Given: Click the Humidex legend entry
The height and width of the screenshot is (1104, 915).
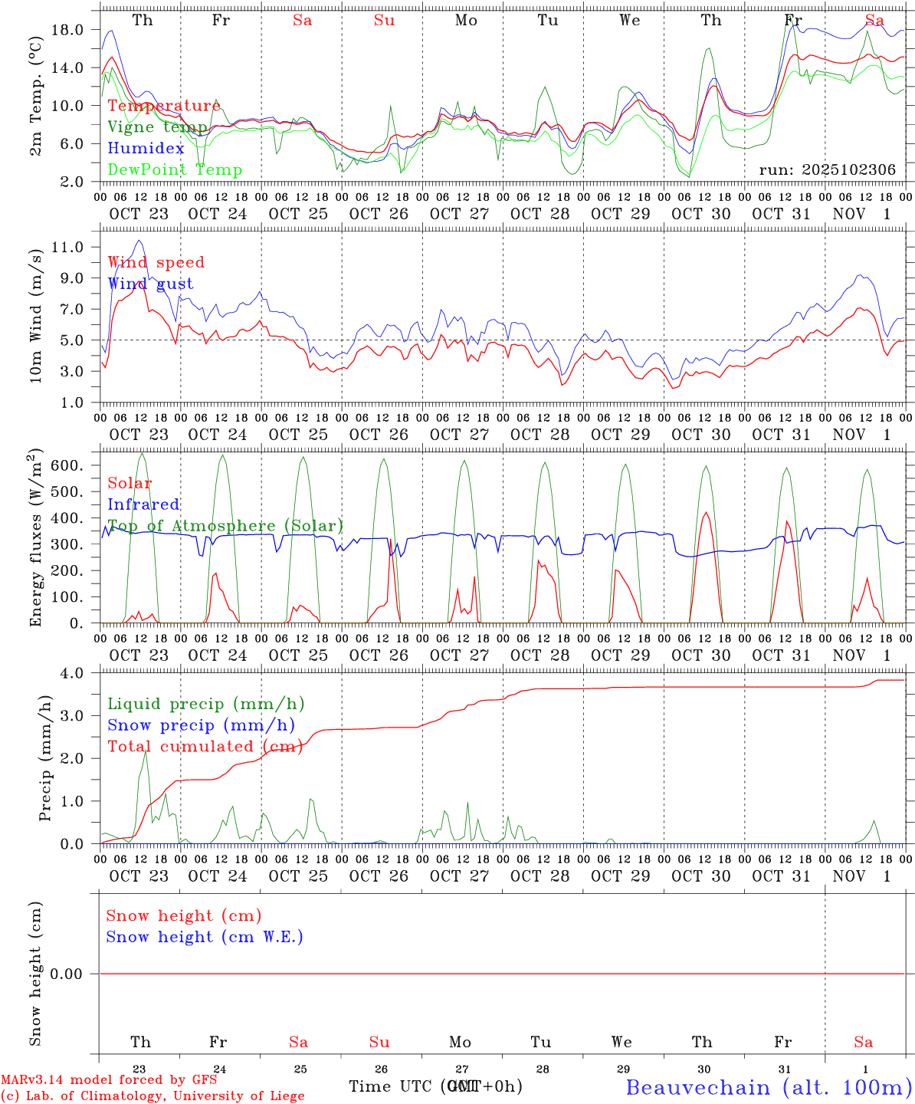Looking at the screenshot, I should (146, 149).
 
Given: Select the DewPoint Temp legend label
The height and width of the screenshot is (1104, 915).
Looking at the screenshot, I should (175, 170).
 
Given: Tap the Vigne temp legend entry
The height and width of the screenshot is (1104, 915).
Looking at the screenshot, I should (157, 127).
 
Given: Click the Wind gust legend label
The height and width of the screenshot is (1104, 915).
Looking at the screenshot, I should (150, 284).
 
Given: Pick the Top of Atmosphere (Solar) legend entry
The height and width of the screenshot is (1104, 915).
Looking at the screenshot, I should (225, 526).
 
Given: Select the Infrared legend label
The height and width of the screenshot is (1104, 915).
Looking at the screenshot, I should (143, 504).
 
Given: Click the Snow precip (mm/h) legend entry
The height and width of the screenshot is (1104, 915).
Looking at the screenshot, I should (201, 725).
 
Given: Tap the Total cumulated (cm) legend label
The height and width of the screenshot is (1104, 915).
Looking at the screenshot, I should (205, 747).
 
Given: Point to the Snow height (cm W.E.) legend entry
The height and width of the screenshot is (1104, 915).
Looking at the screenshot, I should (205, 937).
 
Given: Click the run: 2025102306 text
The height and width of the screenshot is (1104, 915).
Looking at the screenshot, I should (827, 170).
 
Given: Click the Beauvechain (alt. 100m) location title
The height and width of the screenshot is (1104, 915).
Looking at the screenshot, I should (769, 1087).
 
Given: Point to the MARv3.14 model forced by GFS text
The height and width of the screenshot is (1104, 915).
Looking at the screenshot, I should (109, 1079).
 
